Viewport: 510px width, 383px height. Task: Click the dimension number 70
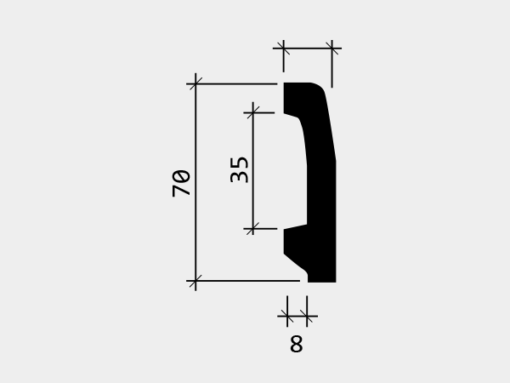click(x=181, y=183)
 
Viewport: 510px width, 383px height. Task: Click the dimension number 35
click(x=239, y=170)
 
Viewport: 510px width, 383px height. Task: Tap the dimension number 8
click(x=297, y=344)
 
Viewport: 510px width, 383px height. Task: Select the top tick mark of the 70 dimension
click(x=195, y=83)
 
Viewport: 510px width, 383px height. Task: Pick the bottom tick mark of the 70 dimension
click(x=195, y=280)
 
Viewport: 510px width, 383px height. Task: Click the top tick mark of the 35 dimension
click(x=253, y=112)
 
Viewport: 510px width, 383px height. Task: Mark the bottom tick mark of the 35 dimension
click(x=253, y=229)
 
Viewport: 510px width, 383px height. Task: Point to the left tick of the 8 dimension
click(x=287, y=316)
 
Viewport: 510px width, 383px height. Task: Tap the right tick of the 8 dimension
click(x=307, y=316)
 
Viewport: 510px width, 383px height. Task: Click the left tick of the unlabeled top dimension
click(x=284, y=49)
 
